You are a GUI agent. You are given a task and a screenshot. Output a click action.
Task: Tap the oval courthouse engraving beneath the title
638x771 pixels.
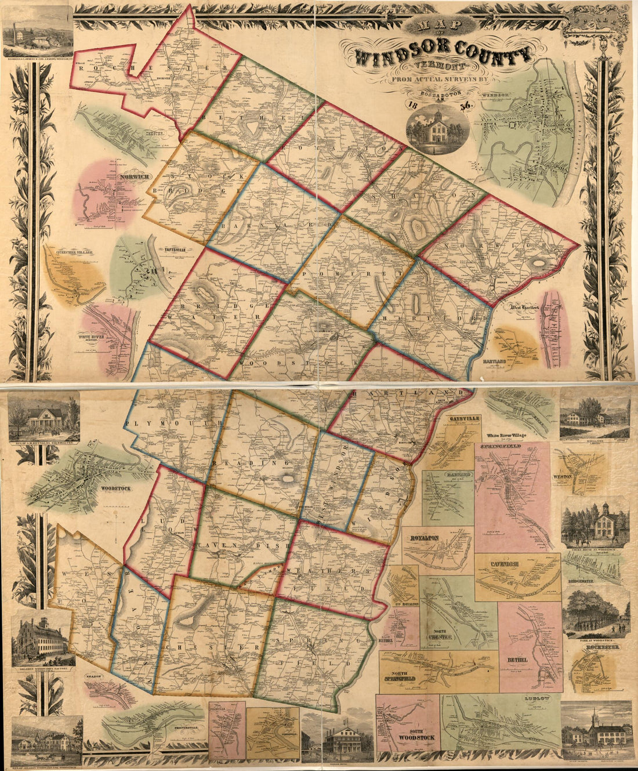(x=438, y=129)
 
